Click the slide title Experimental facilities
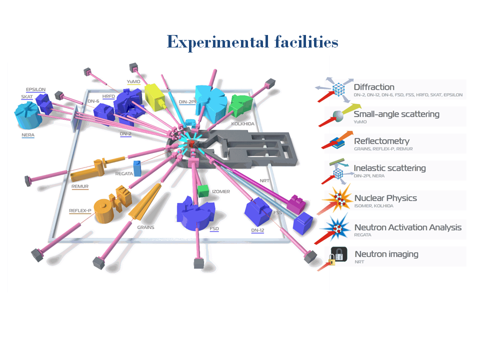pos(252,41)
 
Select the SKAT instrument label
pos(27,96)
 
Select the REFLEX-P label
pos(80,210)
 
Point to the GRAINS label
pos(146,227)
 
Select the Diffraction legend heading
pos(374,87)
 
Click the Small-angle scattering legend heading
pos(396,114)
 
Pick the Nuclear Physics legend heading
pos(385,198)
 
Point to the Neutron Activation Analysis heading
pos(408,227)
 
